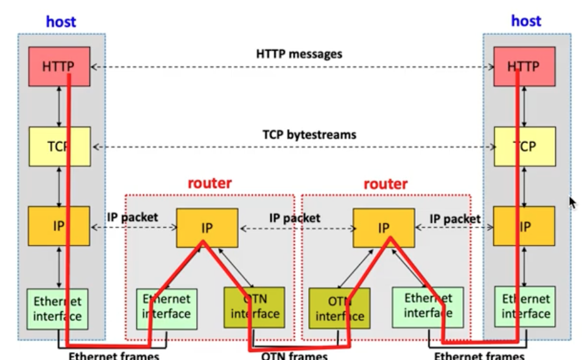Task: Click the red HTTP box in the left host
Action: click(59, 66)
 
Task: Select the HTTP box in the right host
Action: click(524, 66)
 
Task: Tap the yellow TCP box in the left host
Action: click(59, 146)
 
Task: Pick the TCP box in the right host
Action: click(524, 146)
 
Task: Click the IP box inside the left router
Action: click(207, 228)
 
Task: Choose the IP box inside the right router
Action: click(384, 228)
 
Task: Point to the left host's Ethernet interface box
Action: click(57, 308)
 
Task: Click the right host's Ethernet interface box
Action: click(526, 306)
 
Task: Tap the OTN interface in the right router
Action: click(339, 308)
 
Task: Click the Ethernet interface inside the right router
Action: click(427, 305)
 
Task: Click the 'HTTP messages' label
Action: click(298, 54)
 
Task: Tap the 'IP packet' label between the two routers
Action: click(295, 218)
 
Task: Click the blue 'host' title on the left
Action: click(61, 22)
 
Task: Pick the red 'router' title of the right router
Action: click(385, 183)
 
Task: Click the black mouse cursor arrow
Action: click(572, 203)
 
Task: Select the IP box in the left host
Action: click(59, 226)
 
